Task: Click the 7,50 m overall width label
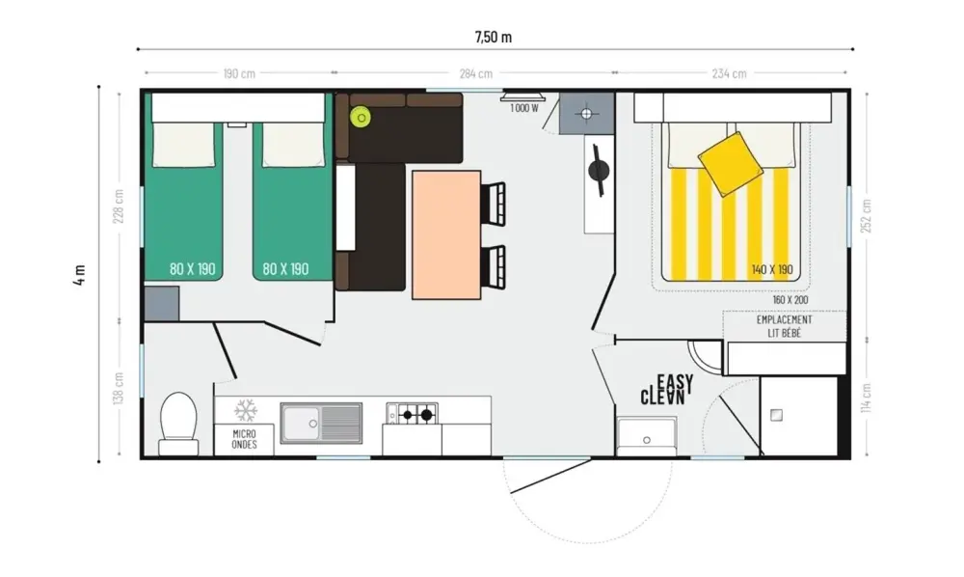click(x=493, y=37)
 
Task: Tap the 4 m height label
click(x=79, y=274)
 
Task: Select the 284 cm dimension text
click(x=476, y=74)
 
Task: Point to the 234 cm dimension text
click(x=729, y=74)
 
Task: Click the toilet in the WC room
click(x=179, y=424)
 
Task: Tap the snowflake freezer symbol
click(x=245, y=410)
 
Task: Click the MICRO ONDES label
click(x=244, y=439)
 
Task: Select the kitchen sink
click(x=321, y=424)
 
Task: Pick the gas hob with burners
click(x=412, y=414)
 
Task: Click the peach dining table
click(x=446, y=235)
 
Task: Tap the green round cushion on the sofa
click(x=361, y=117)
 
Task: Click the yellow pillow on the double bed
click(x=731, y=164)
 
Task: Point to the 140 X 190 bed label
click(x=772, y=269)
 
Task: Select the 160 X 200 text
click(x=790, y=300)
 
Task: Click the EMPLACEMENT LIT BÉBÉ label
click(x=784, y=327)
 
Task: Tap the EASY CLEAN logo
click(x=667, y=390)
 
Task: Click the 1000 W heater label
click(x=523, y=108)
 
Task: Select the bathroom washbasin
click(x=646, y=436)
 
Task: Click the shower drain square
click(x=776, y=415)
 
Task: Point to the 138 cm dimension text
click(x=119, y=388)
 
